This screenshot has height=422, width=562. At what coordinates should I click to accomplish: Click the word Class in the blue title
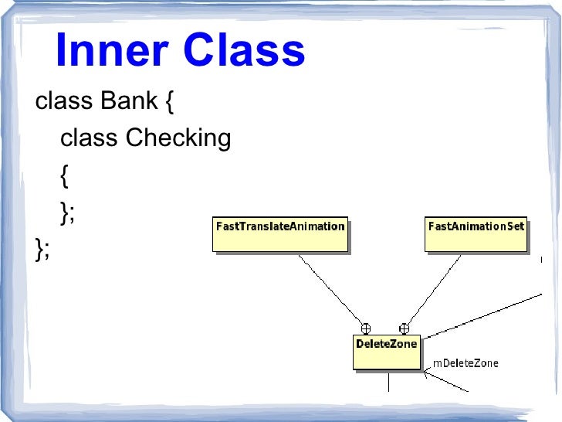pyautogui.click(x=243, y=51)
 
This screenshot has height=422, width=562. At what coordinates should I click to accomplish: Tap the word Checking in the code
pyautogui.click(x=178, y=138)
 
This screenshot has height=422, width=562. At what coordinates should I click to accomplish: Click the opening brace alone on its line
pyautogui.click(x=64, y=175)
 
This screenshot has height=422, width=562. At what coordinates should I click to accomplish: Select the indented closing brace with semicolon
pyautogui.click(x=67, y=213)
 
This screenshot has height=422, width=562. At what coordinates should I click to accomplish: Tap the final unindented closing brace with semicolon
pyautogui.click(x=42, y=249)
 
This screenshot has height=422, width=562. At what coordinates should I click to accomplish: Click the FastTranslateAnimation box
pyautogui.click(x=279, y=233)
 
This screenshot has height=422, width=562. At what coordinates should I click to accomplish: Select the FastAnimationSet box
pyautogui.click(x=476, y=233)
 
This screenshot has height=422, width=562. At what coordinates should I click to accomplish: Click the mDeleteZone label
pyautogui.click(x=466, y=362)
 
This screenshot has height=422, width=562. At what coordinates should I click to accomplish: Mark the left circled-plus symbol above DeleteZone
pyautogui.click(x=366, y=328)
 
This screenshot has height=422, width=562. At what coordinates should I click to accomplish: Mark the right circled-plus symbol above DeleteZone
pyautogui.click(x=403, y=328)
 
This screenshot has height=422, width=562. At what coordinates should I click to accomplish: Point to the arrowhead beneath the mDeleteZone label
pyautogui.click(x=426, y=375)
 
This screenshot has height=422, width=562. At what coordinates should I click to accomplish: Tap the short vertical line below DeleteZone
pyautogui.click(x=389, y=381)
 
